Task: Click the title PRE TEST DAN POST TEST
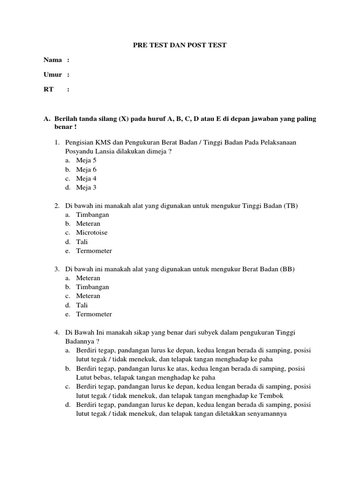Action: (180, 45)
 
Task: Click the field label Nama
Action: (52, 60)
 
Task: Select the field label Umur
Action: (53, 75)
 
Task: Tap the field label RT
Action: (49, 90)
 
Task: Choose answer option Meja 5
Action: (87, 160)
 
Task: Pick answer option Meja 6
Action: (87, 169)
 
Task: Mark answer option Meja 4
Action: (87, 179)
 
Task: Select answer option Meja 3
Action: (87, 187)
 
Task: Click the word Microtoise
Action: (91, 232)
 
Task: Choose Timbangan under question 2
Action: (93, 214)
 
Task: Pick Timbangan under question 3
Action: (93, 286)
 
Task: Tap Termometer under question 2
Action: (94, 251)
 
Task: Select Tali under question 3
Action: (82, 305)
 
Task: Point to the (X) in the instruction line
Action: (124, 119)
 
